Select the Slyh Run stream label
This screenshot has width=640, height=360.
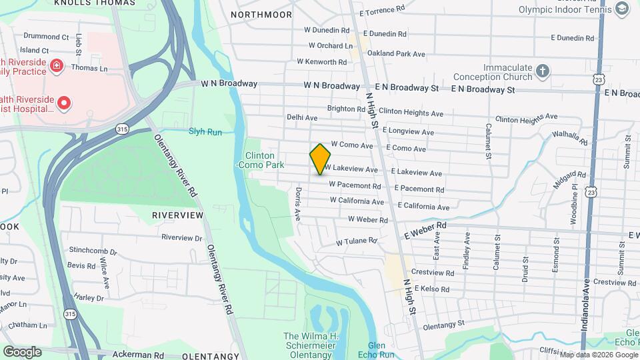[x=205, y=132]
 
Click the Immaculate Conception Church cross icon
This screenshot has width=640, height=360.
[x=543, y=69]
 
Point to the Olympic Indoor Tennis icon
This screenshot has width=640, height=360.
[x=622, y=9]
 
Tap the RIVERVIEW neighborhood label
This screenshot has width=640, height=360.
[x=177, y=215]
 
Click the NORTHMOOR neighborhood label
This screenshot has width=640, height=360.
[x=261, y=14]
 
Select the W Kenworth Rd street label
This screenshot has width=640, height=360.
[x=322, y=61]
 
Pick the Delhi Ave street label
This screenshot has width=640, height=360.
[x=302, y=117]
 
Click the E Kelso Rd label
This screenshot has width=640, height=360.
[x=432, y=289]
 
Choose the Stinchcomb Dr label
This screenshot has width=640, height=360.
[x=93, y=253]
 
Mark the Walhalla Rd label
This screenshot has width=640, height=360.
[x=570, y=138]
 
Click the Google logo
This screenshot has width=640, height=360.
[x=22, y=351]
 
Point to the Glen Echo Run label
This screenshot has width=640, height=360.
[x=368, y=349]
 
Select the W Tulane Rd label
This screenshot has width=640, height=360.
[x=357, y=241]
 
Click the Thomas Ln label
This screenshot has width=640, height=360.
[x=89, y=68]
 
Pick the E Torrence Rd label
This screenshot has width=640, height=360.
[x=382, y=11]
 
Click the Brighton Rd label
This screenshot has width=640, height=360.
[x=345, y=108]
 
